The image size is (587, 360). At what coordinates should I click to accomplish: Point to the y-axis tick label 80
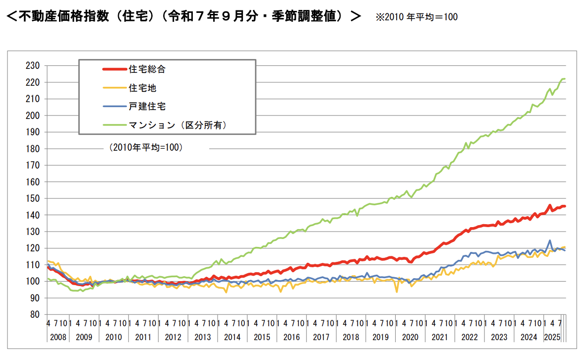[34, 314]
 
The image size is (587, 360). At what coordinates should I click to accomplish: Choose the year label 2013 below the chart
[203, 337]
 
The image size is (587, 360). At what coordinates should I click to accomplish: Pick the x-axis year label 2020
[410, 337]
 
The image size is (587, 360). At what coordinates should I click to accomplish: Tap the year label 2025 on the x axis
[553, 337]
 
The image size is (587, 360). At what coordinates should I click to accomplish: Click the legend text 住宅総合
[147, 69]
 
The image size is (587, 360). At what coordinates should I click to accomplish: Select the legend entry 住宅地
[143, 88]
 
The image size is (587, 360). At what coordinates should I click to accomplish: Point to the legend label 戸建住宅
[147, 107]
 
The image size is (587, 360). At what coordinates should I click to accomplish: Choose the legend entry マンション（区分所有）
[177, 125]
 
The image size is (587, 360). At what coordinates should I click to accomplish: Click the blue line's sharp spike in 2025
[550, 240]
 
